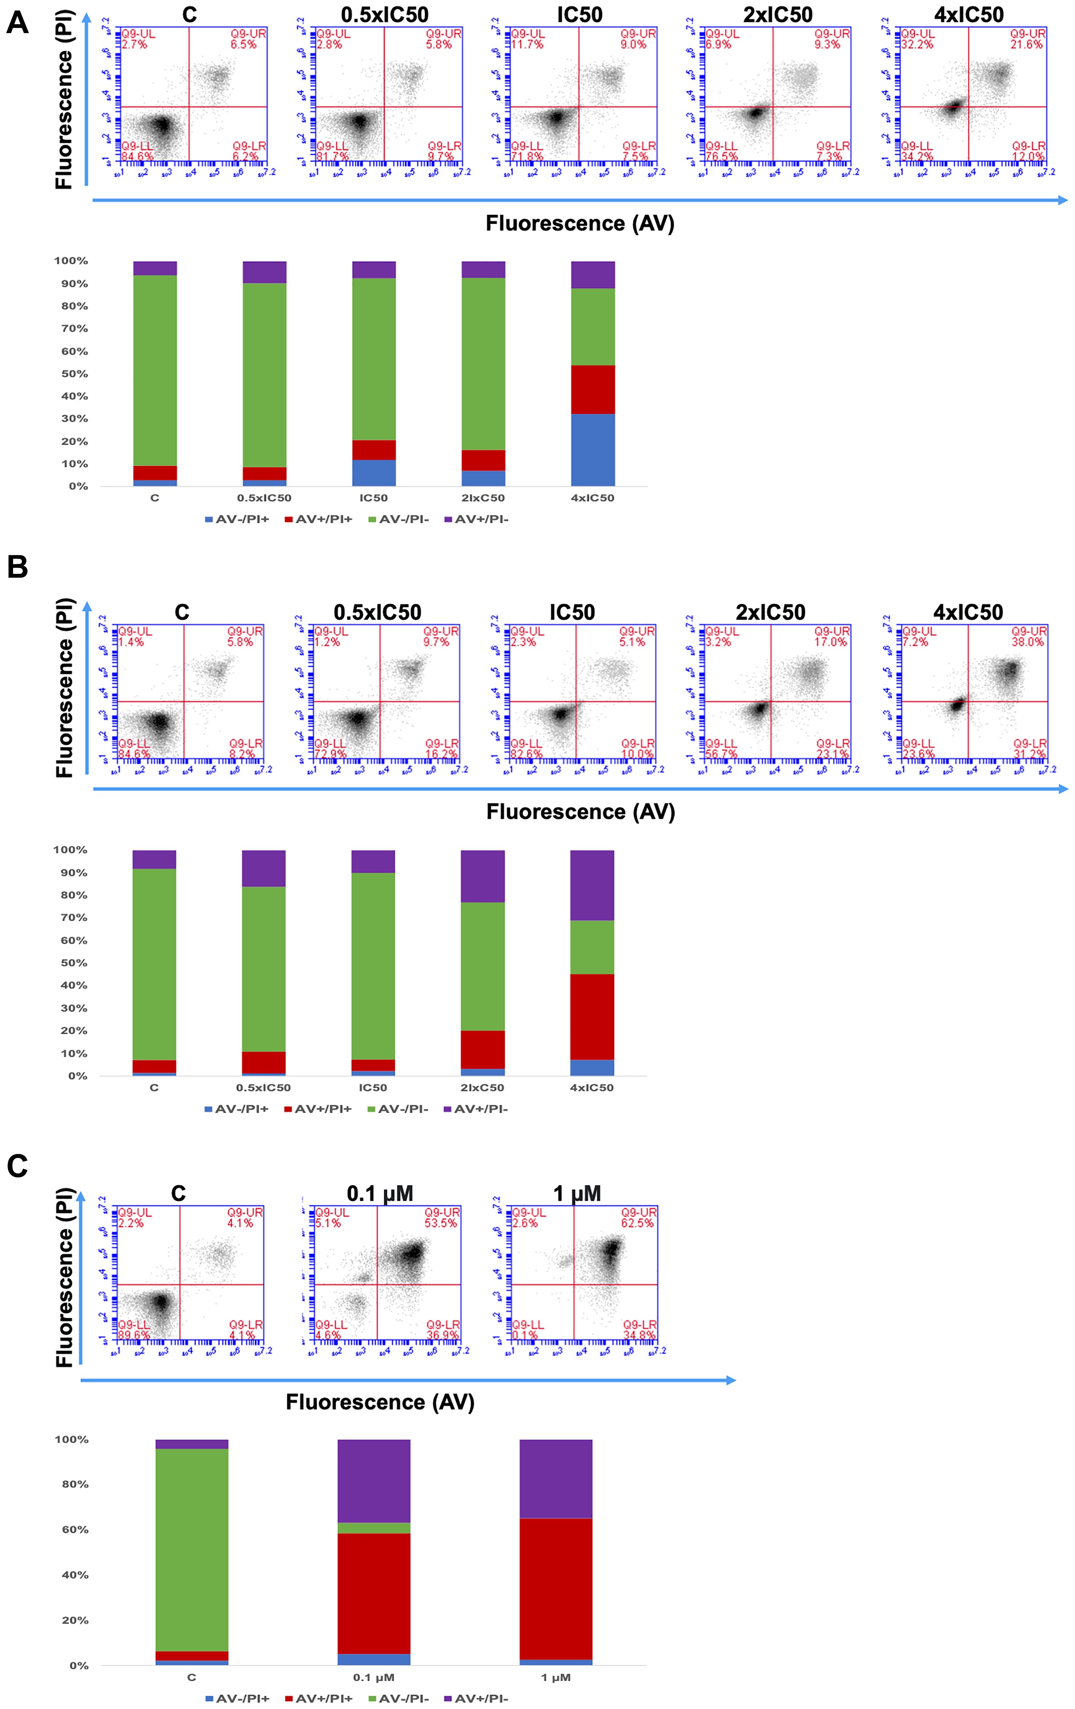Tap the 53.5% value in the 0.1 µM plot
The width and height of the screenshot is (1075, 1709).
coord(440,1223)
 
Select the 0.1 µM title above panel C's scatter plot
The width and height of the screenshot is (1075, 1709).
coord(380,1194)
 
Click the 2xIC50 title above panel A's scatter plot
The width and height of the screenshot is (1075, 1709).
coord(777,15)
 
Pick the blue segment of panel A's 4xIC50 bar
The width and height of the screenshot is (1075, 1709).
coord(593,450)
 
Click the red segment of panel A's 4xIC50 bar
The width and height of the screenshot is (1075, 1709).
coord(593,390)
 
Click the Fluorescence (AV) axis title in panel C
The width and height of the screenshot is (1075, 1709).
coord(380,1402)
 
